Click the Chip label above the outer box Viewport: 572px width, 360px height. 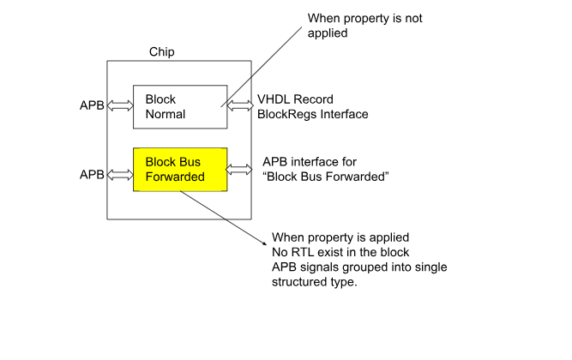[161, 52]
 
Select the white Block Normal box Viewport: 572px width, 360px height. [180, 107]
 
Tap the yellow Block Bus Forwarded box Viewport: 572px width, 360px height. [180, 169]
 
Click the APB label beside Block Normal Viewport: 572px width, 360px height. [92, 105]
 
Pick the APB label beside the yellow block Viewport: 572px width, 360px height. [92, 175]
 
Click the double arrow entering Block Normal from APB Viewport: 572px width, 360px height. [120, 105]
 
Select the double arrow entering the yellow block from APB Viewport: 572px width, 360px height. [120, 175]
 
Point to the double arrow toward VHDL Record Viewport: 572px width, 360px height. [240, 105]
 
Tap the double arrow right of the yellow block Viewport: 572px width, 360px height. [239, 170]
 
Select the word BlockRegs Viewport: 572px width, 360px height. [281, 115]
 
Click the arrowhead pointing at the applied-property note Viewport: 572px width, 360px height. [265, 243]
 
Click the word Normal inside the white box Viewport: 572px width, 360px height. [166, 115]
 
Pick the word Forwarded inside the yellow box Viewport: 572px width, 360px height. [175, 177]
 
